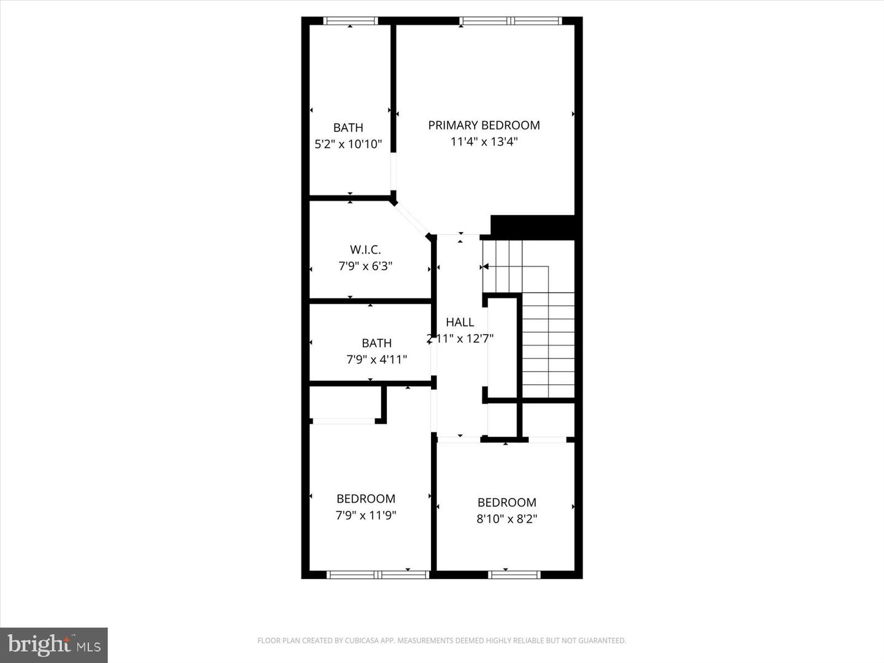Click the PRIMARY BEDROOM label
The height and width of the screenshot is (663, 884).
(x=484, y=125)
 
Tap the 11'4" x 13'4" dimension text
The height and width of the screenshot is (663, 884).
(x=484, y=142)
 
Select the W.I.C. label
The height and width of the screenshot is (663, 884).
(x=365, y=250)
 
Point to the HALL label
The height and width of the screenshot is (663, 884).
(x=460, y=322)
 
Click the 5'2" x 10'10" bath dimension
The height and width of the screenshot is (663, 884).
(x=348, y=144)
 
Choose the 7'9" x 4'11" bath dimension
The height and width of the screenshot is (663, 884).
(x=376, y=360)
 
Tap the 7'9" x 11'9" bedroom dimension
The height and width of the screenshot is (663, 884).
(x=366, y=516)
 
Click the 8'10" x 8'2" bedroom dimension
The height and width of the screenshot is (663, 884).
(x=507, y=519)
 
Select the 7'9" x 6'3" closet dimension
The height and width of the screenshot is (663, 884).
(x=365, y=266)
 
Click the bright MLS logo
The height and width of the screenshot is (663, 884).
(x=54, y=645)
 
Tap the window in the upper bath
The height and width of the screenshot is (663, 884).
(x=350, y=21)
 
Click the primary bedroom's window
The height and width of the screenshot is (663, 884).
(x=511, y=21)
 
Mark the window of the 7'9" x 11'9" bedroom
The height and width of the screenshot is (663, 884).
(x=378, y=575)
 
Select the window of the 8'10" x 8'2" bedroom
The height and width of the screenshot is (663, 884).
(x=514, y=575)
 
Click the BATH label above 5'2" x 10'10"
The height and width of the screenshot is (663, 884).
(x=348, y=128)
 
